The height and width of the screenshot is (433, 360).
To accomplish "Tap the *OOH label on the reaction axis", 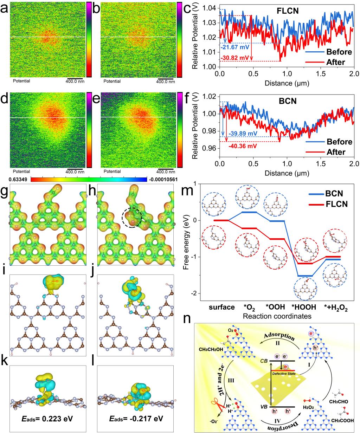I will [274, 307].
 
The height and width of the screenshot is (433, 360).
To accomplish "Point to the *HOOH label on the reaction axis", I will [303, 307].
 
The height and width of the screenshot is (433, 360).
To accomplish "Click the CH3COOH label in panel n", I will [342, 420].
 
